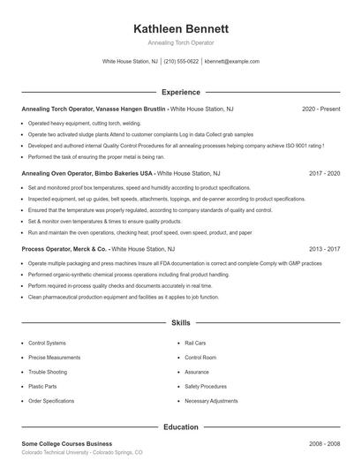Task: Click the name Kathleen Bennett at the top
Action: point(180,28)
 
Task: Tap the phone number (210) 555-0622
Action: point(181,62)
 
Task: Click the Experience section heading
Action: point(180,92)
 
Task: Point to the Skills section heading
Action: point(180,324)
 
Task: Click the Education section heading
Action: point(180,426)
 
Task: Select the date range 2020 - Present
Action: point(321,109)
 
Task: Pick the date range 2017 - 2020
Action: point(324,173)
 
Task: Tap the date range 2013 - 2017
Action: point(324,249)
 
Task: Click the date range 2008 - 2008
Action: point(324,443)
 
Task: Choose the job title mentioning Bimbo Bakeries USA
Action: point(87,173)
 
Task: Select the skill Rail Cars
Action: point(195,343)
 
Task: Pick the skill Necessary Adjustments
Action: point(211,401)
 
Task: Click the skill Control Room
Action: point(200,358)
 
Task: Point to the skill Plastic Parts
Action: point(42,386)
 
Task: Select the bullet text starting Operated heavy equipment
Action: point(84,124)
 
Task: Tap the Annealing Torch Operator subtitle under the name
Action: point(180,42)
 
